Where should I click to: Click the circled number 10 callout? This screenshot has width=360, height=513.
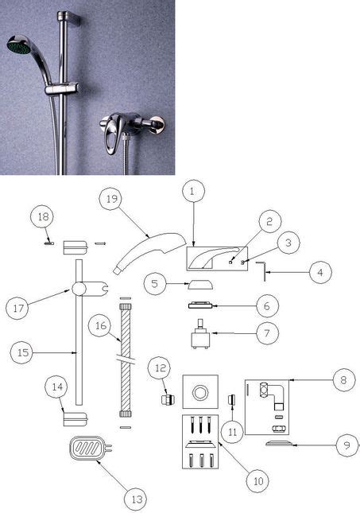[x=257, y=480]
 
